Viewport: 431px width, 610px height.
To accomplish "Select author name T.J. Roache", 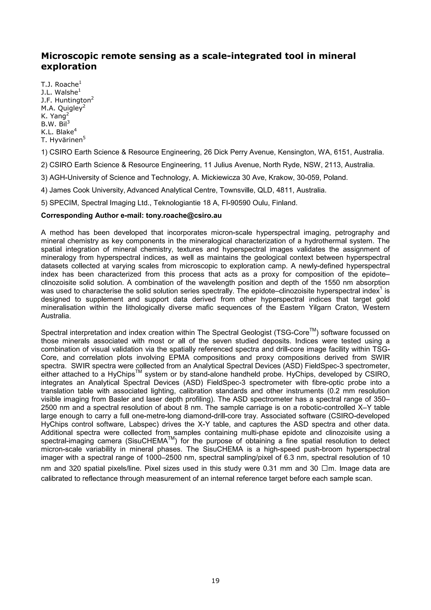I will pyautogui.click(x=59, y=85).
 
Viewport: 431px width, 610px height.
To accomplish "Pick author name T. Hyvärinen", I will pyautogui.click(x=62, y=140).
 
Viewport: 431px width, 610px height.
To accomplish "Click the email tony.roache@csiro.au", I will pyautogui.click(x=184, y=215).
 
